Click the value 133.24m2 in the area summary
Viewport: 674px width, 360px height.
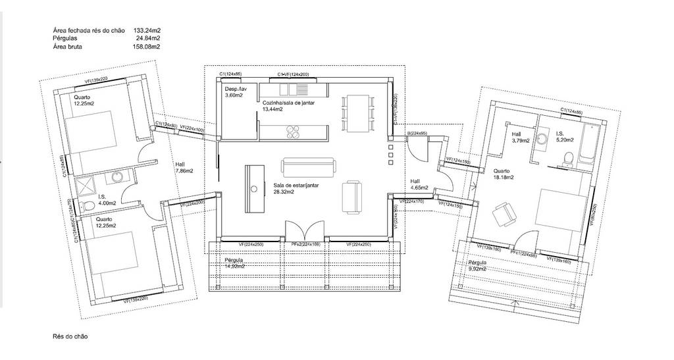147,30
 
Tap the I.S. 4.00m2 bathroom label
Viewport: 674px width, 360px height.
107,199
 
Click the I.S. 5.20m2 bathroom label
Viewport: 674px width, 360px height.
565,136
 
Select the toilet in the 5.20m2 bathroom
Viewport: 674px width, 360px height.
568,157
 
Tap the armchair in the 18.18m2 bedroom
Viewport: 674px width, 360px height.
504,213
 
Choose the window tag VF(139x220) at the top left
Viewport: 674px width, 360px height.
105,80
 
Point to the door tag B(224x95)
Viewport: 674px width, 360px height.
418,133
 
